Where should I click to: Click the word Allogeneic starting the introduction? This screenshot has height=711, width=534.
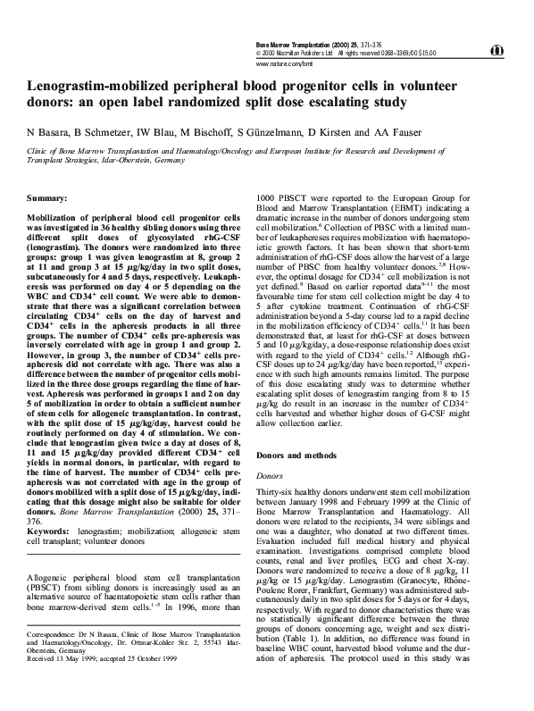[x=49, y=579]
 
